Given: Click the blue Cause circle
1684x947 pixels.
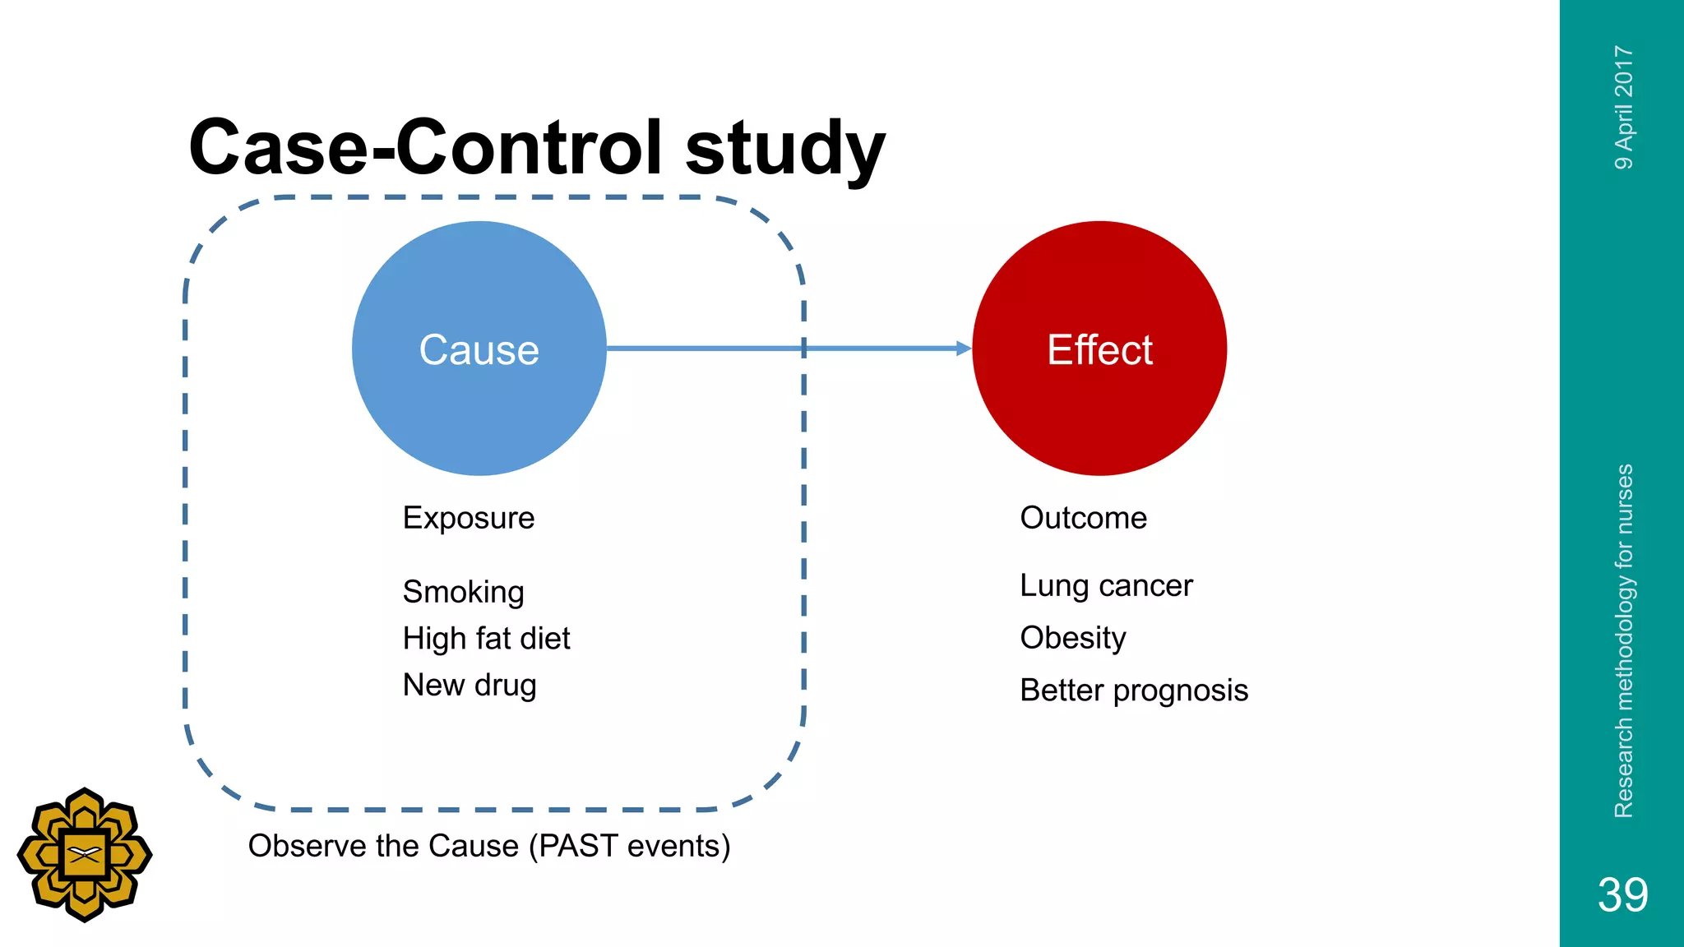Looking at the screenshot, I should coord(479,349).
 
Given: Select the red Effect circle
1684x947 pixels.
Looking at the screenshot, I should coord(1099,349).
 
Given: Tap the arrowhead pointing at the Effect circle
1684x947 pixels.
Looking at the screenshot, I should coord(964,349).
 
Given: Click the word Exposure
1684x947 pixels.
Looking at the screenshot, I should coord(468,518).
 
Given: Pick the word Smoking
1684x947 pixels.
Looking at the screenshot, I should coord(463,592).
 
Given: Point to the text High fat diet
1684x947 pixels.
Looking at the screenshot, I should coord(486,639).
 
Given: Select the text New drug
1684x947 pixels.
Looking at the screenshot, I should coord(469,685).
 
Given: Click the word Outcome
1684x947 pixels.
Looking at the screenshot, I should coord(1083,518).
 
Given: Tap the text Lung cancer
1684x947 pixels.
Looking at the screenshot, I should coord(1105,586).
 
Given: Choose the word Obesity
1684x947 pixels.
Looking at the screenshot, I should coord(1072,638).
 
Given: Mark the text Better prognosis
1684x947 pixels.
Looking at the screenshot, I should coord(1133,691).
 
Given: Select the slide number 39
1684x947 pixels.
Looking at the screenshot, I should coord(1622,894).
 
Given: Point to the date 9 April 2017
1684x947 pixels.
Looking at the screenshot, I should coord(1623,108).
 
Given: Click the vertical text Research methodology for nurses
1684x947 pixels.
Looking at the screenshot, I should coord(1623,640).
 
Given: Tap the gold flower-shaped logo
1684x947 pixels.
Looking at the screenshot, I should coord(85,855).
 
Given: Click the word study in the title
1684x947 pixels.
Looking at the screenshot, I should coord(784,148).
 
